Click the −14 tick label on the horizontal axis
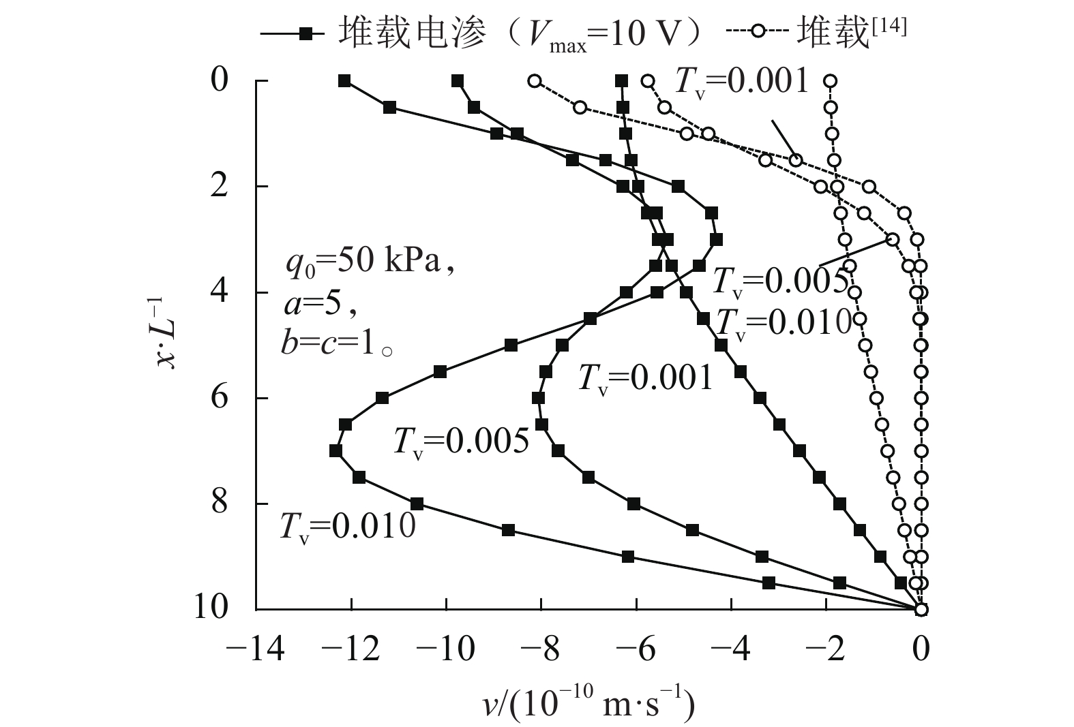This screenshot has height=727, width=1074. pos(255,650)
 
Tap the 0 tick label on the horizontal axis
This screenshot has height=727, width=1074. pos(921,650)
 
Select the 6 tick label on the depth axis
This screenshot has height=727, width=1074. pos(220,398)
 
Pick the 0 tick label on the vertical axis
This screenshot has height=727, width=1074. pos(220,81)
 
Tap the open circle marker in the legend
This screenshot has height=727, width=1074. pos(756,32)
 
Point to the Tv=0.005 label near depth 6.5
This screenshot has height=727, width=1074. pos(461,442)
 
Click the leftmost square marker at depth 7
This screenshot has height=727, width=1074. pos(335,451)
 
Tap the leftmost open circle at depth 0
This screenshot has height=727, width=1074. pos(535,81)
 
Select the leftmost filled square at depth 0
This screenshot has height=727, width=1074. pos(344,81)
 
